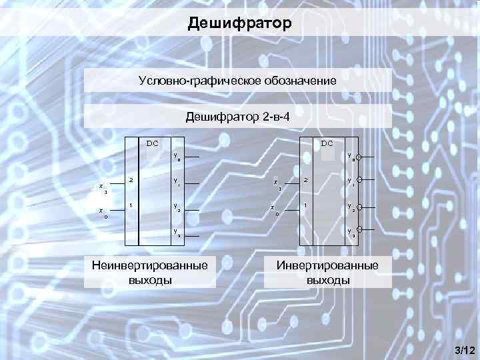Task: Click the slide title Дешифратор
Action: point(239,25)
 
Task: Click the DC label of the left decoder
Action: point(153,143)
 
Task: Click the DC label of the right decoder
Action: point(327,143)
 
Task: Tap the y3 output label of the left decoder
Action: point(177,233)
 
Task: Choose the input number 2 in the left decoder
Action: point(131,180)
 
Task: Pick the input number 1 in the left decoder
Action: point(131,205)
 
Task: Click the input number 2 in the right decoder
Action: point(305,180)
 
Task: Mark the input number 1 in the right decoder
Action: point(305,205)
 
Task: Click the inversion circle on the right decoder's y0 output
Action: point(359,158)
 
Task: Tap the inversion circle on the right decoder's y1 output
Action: point(359,180)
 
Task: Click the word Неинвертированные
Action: point(149,265)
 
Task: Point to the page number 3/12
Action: point(463,350)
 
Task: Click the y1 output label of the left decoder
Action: point(177,181)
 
